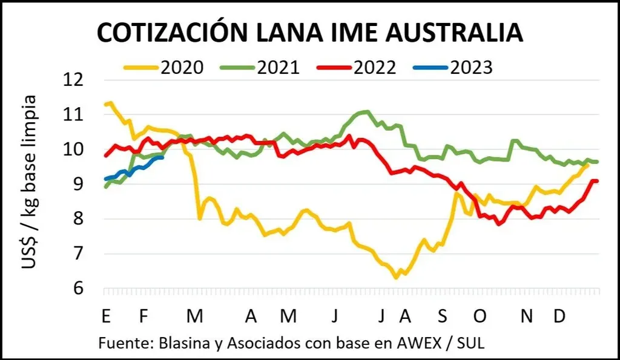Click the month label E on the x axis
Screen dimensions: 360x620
(x=106, y=317)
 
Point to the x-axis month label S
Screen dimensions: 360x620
(x=444, y=317)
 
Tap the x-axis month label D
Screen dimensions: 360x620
(x=560, y=317)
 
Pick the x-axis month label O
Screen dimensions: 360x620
(x=480, y=317)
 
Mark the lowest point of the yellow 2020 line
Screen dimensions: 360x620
(x=396, y=278)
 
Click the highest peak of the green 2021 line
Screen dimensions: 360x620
(x=366, y=111)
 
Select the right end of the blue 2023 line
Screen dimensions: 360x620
(x=162, y=157)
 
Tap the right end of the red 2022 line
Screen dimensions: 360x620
(x=597, y=181)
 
